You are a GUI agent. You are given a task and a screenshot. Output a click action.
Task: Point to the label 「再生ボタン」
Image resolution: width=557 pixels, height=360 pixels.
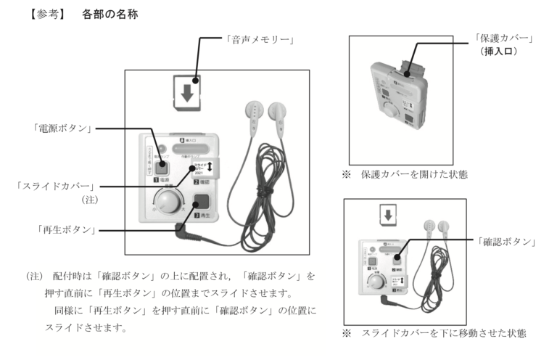click(67, 230)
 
